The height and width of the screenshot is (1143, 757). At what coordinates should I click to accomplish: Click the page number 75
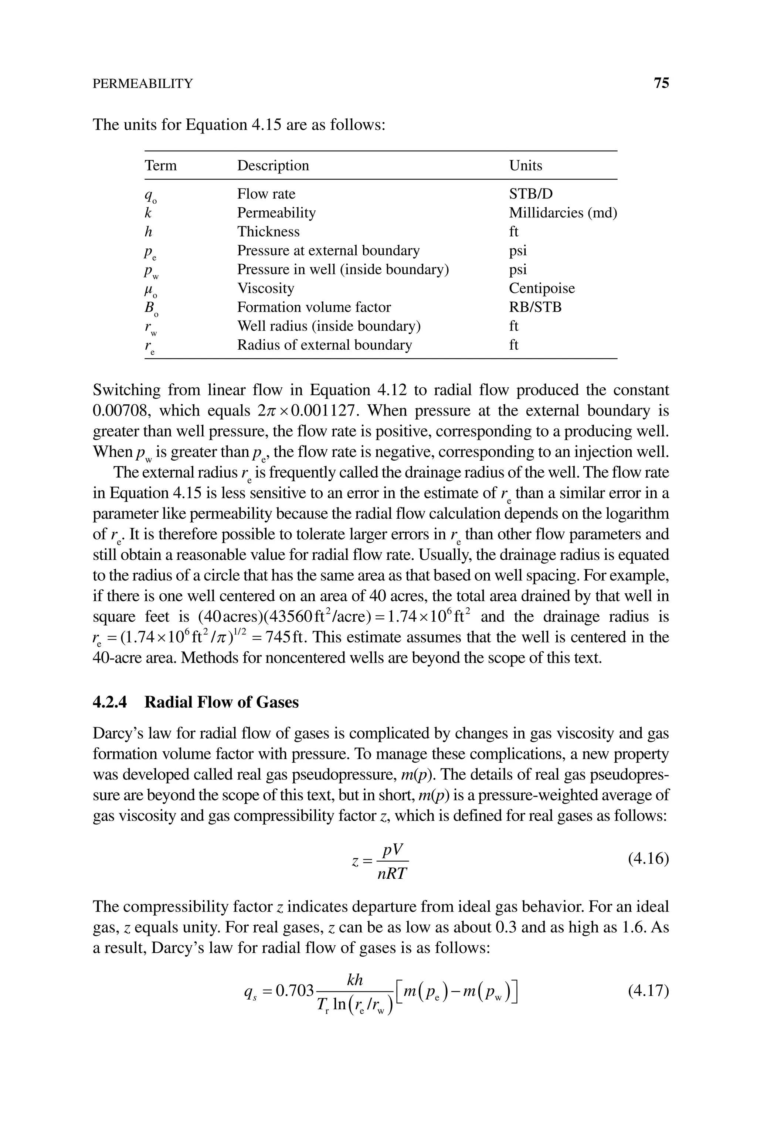pyautogui.click(x=661, y=84)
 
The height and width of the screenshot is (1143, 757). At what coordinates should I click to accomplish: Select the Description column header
pyautogui.click(x=273, y=166)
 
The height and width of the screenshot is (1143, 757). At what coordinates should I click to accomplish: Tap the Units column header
pyautogui.click(x=525, y=166)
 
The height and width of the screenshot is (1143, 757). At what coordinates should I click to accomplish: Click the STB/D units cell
pyautogui.click(x=530, y=194)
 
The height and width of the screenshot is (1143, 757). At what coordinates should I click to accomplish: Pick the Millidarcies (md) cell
pyautogui.click(x=563, y=213)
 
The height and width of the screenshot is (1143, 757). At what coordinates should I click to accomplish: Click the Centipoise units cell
pyautogui.click(x=542, y=288)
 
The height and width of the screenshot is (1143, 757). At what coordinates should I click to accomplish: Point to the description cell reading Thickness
pyautogui.click(x=268, y=232)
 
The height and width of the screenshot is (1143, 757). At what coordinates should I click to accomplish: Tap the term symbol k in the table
pyautogui.click(x=148, y=213)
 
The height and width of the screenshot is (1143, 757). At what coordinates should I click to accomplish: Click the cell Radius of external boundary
pyautogui.click(x=325, y=345)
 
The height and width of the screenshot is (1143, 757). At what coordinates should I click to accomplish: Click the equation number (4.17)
pyautogui.click(x=648, y=991)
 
